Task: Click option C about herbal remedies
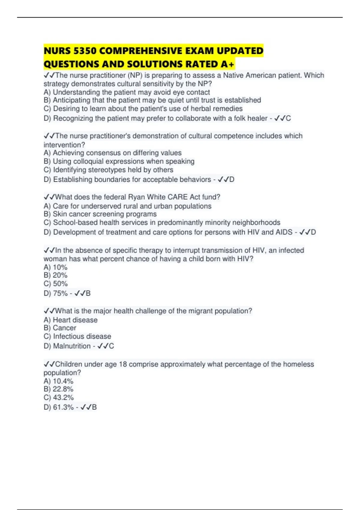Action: [x=143, y=109]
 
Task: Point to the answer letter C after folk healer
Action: [x=288, y=118]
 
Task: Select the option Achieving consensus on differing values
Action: [x=112, y=153]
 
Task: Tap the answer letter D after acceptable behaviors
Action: [x=232, y=180]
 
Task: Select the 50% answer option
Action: [x=56, y=284]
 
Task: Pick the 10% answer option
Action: [x=55, y=267]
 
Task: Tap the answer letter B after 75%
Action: [x=88, y=293]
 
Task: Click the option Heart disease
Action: [x=70, y=320]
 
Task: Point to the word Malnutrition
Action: [x=72, y=346]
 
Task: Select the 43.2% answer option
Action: [x=59, y=398]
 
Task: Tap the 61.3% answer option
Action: [x=59, y=407]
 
